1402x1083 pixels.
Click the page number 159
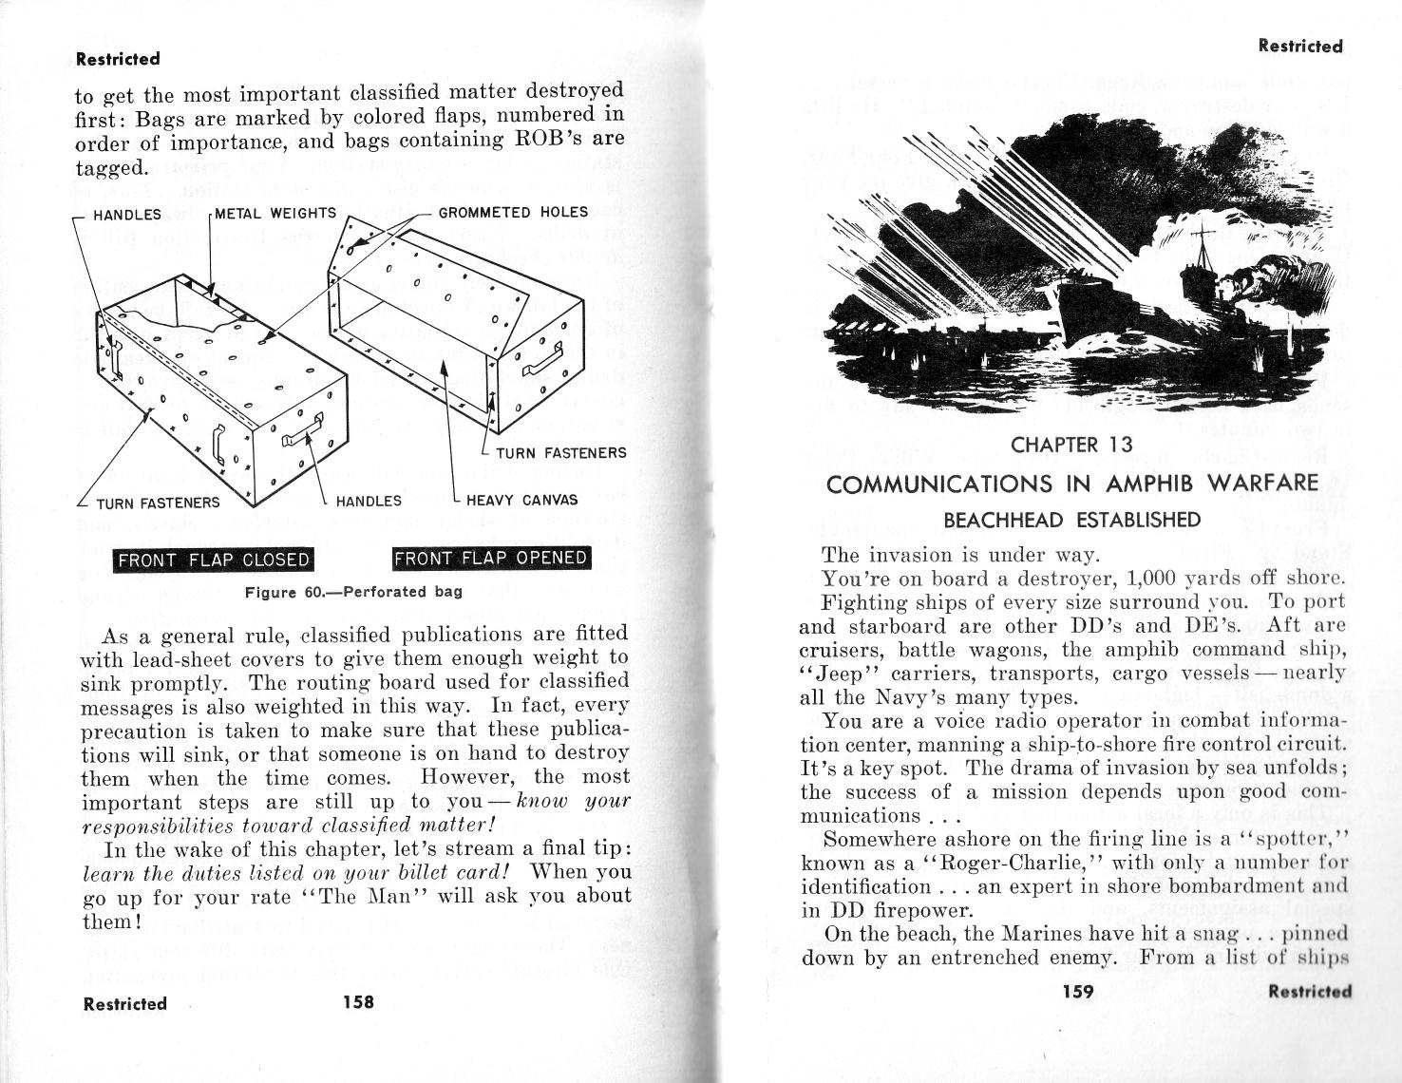pyautogui.click(x=1078, y=992)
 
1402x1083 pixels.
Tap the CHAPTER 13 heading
pyautogui.click(x=1071, y=445)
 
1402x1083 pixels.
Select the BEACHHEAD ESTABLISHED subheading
pyautogui.click(x=1071, y=520)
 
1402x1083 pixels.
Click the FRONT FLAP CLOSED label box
pyautogui.click(x=214, y=560)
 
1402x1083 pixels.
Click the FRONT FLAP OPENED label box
pyautogui.click(x=491, y=558)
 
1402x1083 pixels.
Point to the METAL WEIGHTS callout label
pyautogui.click(x=275, y=213)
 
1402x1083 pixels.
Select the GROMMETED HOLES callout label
pyautogui.click(x=513, y=212)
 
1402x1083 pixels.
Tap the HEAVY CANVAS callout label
pyautogui.click(x=521, y=500)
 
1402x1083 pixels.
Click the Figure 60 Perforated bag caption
pyautogui.click(x=353, y=592)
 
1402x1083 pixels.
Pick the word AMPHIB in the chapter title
pyautogui.click(x=1147, y=484)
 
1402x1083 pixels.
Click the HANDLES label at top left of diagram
pyautogui.click(x=127, y=215)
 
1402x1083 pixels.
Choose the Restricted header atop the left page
pyautogui.click(x=118, y=59)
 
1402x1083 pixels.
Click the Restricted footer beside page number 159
pyautogui.click(x=1310, y=992)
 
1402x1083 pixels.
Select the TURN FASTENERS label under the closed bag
pyautogui.click(x=158, y=503)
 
